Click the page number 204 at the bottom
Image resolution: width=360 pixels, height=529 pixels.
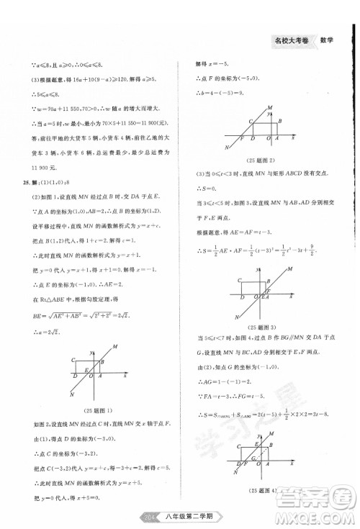click(x=151, y=515)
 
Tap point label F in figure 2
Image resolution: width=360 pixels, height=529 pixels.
click(x=243, y=137)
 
